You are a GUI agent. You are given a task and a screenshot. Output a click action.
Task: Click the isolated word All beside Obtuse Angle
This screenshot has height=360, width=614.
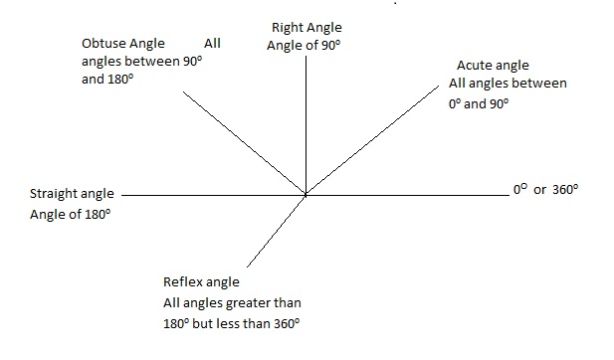(x=212, y=44)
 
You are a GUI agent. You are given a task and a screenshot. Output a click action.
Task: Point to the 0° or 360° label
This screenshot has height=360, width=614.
(x=544, y=189)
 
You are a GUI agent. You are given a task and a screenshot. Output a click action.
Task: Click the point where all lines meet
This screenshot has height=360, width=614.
(x=306, y=195)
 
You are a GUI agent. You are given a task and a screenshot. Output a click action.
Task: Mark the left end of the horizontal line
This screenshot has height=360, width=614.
(x=122, y=195)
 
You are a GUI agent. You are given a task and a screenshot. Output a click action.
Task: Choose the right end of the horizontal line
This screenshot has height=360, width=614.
(x=507, y=195)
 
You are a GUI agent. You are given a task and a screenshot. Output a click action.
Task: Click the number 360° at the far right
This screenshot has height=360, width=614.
(x=563, y=189)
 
